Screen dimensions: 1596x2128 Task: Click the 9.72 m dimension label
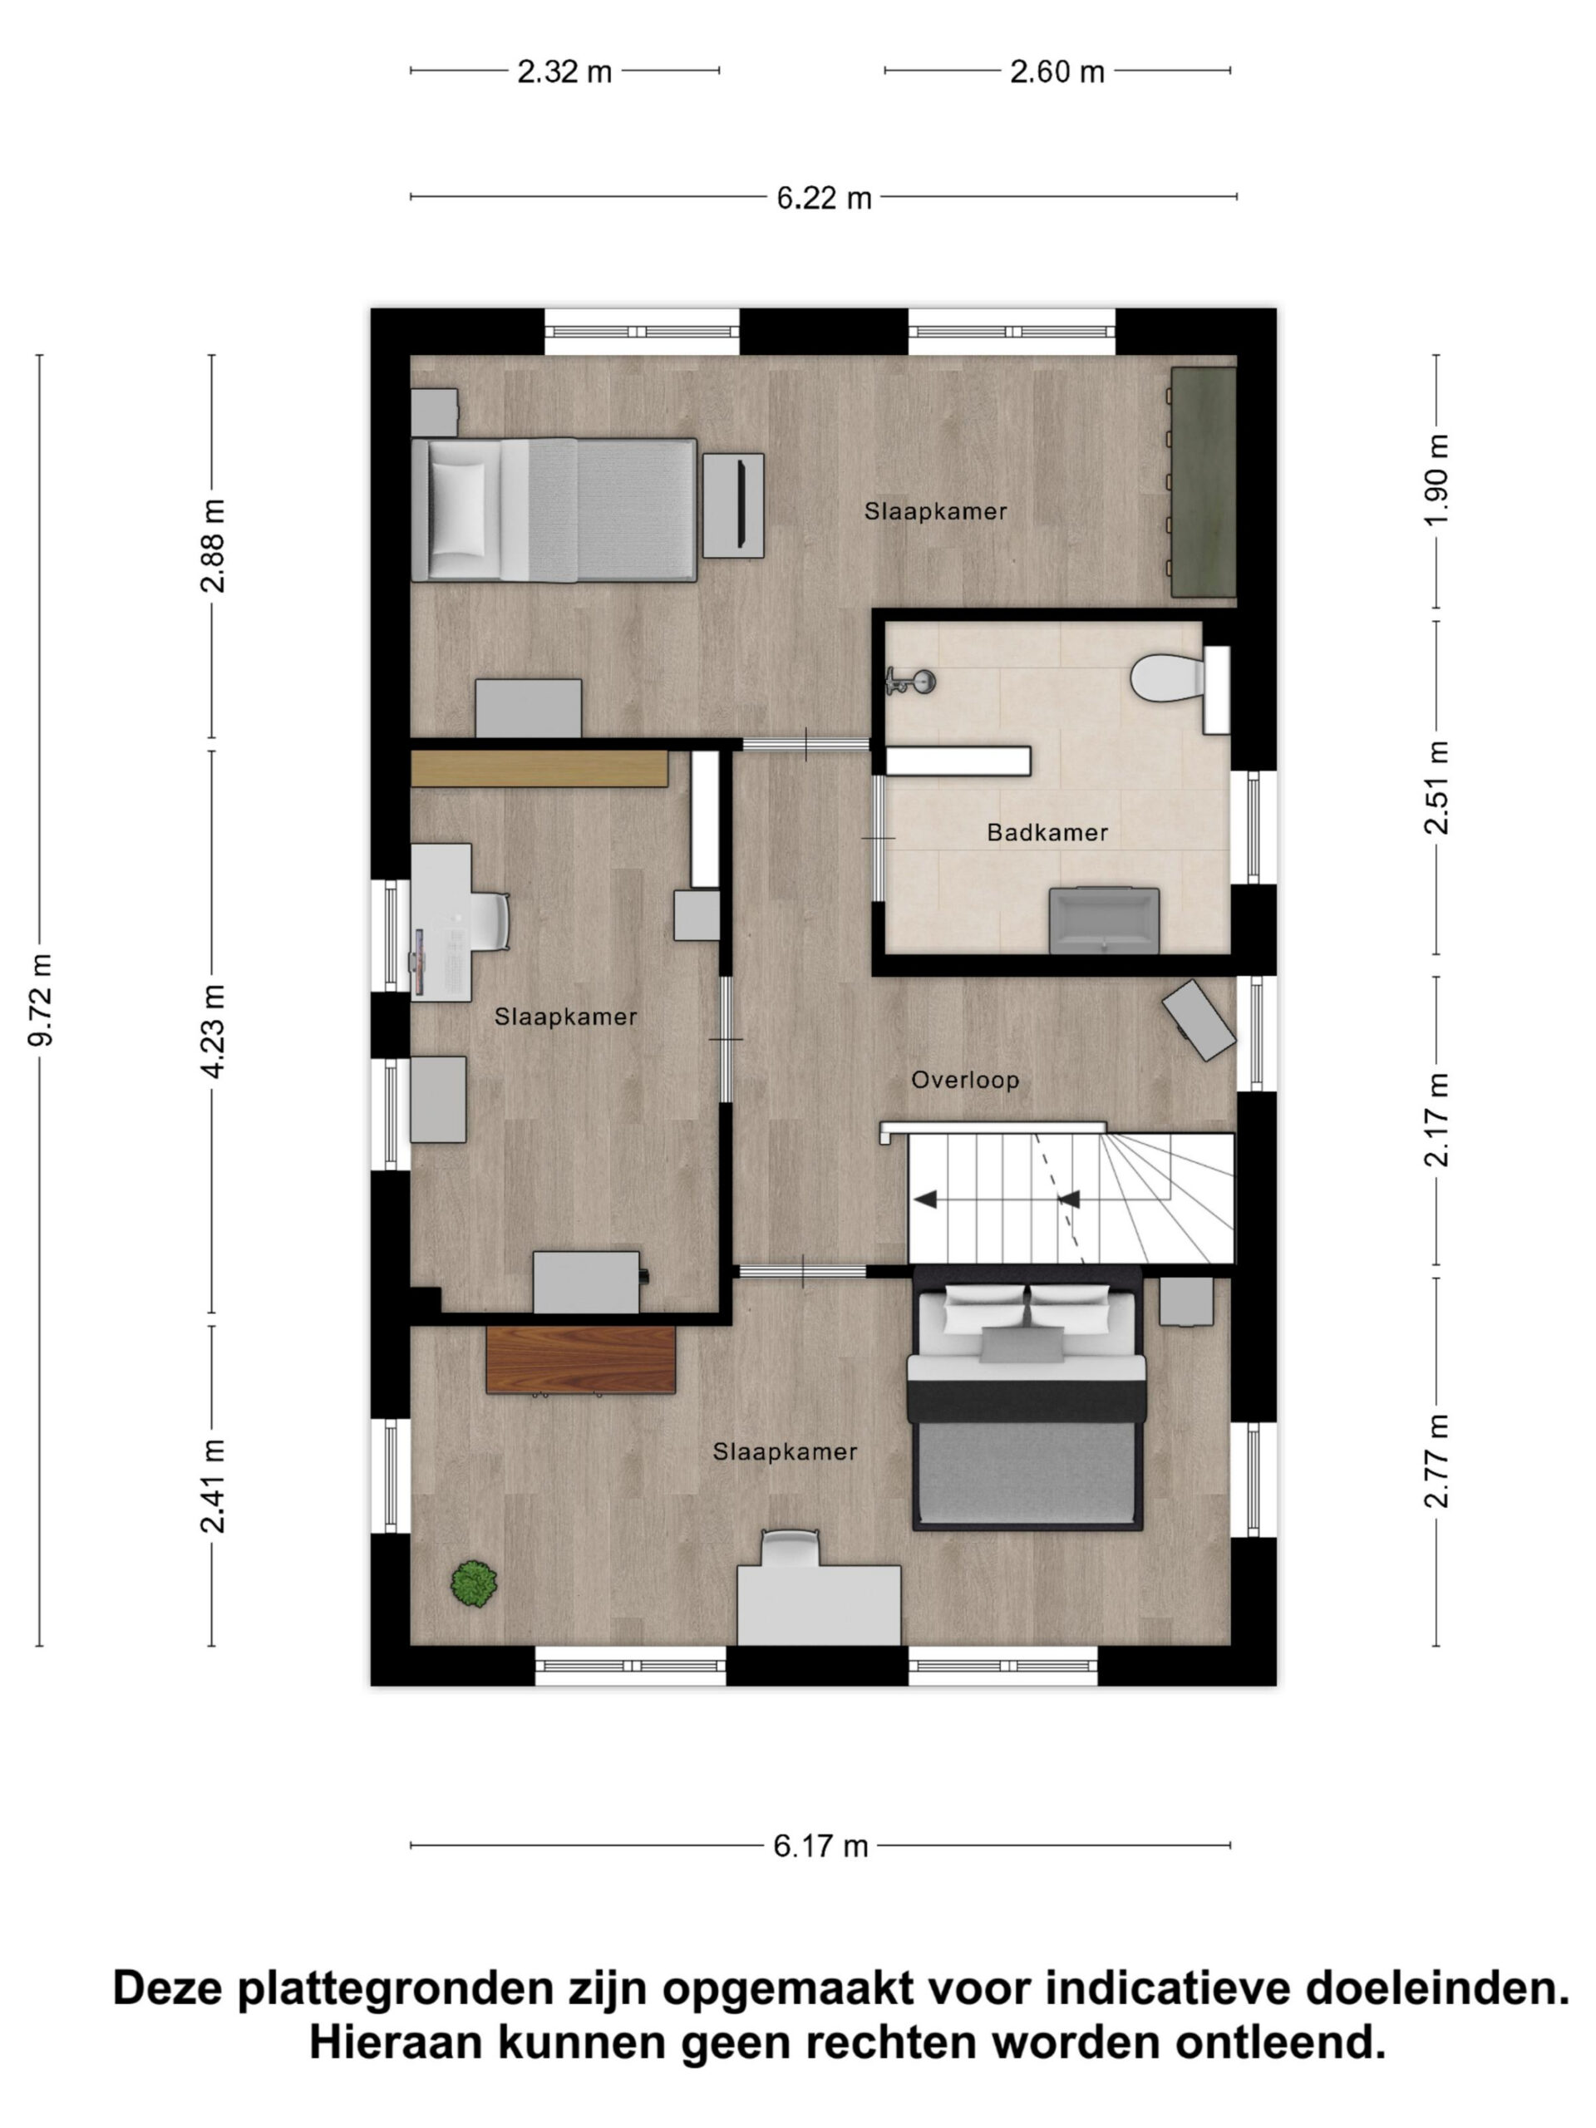pyautogui.click(x=42, y=999)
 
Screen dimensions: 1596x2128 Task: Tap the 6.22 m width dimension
pyautogui.click(x=824, y=198)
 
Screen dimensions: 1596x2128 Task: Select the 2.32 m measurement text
pyautogui.click(x=564, y=71)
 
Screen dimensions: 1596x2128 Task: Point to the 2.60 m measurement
pyautogui.click(x=1057, y=71)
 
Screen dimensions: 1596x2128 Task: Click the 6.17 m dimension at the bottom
pyautogui.click(x=820, y=1846)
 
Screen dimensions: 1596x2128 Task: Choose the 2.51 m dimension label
pyautogui.click(x=1436, y=787)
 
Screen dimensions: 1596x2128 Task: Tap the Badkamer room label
pyautogui.click(x=1047, y=833)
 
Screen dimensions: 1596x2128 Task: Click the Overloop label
pyautogui.click(x=965, y=1081)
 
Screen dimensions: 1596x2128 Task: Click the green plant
pyautogui.click(x=475, y=1584)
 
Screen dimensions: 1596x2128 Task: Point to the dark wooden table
pyautogui.click(x=580, y=1359)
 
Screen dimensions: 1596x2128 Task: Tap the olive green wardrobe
pyautogui.click(x=1203, y=482)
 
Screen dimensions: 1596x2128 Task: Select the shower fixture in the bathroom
pyautogui.click(x=910, y=681)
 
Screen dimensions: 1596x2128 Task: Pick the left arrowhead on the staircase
pyautogui.click(x=924, y=1199)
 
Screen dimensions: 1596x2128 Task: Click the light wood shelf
pyautogui.click(x=539, y=769)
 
